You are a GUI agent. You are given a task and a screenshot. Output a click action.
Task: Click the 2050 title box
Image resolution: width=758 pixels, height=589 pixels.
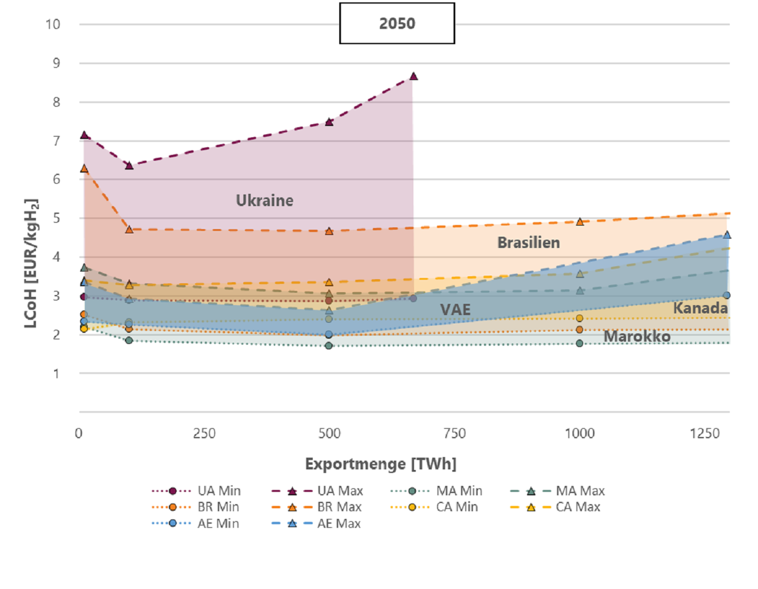[x=397, y=24]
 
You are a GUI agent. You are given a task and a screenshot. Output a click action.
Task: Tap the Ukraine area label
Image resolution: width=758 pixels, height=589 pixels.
[x=264, y=201]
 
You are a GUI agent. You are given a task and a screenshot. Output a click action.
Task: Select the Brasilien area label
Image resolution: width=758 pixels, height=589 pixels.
[x=528, y=243]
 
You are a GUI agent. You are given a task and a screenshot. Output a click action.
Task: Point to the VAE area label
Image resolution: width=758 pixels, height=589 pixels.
[x=455, y=310]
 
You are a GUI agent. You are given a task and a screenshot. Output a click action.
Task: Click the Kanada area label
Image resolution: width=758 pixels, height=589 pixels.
[x=700, y=308]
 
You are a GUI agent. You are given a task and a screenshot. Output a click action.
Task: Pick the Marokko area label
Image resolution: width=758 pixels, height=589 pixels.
[x=637, y=336]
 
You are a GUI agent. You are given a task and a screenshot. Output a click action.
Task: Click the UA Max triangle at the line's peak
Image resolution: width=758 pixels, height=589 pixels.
[x=413, y=77]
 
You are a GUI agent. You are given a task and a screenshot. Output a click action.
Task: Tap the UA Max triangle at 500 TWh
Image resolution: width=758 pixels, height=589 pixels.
[x=329, y=122]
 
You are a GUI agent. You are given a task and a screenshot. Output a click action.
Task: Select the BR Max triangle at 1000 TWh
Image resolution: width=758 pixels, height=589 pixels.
[x=580, y=222]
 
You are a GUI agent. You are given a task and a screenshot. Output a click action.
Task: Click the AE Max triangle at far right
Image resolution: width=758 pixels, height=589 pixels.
[x=727, y=234]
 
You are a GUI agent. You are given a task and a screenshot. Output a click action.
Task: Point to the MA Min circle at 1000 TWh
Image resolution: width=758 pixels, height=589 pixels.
[x=580, y=343]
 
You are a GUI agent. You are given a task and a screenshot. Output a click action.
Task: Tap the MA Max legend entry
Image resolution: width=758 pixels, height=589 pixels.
[x=557, y=491]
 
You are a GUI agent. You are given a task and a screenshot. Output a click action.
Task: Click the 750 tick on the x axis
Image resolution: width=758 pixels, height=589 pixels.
[x=454, y=434]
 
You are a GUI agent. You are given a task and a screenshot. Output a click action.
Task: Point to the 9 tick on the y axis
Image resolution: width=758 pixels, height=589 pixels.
[x=57, y=63]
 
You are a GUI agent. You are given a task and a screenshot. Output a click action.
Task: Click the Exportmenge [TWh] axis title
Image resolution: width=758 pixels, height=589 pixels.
[x=380, y=464]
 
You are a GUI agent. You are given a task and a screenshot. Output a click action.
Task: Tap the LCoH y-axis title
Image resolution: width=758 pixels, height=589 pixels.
[x=31, y=263]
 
